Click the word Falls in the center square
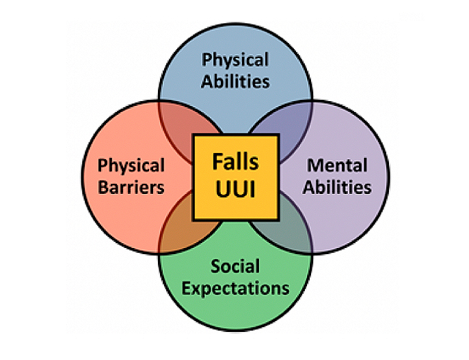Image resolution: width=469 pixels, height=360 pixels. click(x=235, y=163)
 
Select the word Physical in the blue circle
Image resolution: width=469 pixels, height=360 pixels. click(x=234, y=59)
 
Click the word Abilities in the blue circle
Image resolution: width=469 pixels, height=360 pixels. click(x=234, y=81)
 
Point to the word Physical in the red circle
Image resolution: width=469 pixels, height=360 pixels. click(x=131, y=165)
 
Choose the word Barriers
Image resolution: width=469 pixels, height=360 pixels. click(x=131, y=187)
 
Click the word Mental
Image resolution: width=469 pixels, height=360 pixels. click(x=337, y=165)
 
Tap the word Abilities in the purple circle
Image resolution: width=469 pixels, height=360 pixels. click(x=337, y=186)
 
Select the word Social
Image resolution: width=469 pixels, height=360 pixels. click(x=234, y=266)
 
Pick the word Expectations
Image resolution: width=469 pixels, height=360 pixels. click(x=234, y=288)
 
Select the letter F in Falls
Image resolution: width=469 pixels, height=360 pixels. click(x=217, y=163)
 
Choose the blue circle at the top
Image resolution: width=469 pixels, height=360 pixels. click(x=234, y=102)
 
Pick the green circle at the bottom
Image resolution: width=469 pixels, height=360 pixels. click(x=234, y=311)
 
